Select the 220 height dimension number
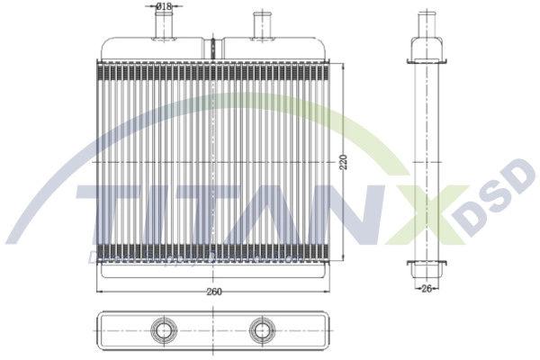tap(343, 165)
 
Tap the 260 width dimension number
tap(214, 292)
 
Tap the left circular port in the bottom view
tap(164, 330)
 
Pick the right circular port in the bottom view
tap(262, 330)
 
